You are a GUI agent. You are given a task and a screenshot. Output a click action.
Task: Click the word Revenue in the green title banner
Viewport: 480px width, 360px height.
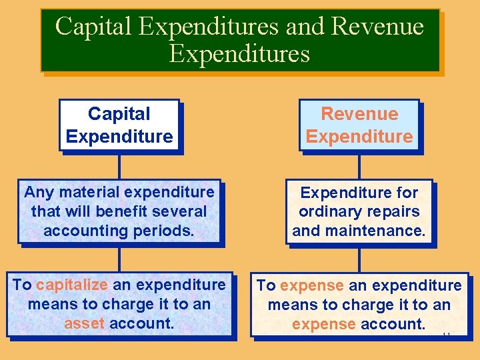coord(377,27)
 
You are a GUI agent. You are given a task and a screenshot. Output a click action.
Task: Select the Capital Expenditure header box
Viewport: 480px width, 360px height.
coord(119,125)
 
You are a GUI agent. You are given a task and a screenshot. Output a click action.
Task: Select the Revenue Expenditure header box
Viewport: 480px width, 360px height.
coord(359,125)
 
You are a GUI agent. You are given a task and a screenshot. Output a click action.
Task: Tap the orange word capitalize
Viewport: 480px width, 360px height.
coord(72,285)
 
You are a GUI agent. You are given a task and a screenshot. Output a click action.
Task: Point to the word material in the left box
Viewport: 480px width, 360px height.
coord(83,193)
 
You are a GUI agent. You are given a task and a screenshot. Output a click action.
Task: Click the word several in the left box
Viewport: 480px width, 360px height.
coord(181,211)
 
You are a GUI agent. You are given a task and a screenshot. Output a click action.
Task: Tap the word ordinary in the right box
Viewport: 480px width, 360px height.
coord(326,211)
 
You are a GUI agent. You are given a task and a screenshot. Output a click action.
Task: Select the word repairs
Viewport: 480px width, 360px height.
coord(397,211)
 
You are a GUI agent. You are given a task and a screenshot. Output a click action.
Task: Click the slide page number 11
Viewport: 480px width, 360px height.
coord(447,334)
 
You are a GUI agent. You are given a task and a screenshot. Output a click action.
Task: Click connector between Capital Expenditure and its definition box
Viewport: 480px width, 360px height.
coord(119,167)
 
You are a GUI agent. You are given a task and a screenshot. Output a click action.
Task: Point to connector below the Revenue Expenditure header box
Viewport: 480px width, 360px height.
coord(359,167)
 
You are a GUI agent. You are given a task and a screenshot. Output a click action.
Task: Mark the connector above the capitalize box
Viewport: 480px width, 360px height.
coord(119,259)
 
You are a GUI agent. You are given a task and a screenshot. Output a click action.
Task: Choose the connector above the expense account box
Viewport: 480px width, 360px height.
coord(359,259)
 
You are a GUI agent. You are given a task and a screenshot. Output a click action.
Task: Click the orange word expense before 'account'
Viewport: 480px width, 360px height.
coord(323,324)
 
